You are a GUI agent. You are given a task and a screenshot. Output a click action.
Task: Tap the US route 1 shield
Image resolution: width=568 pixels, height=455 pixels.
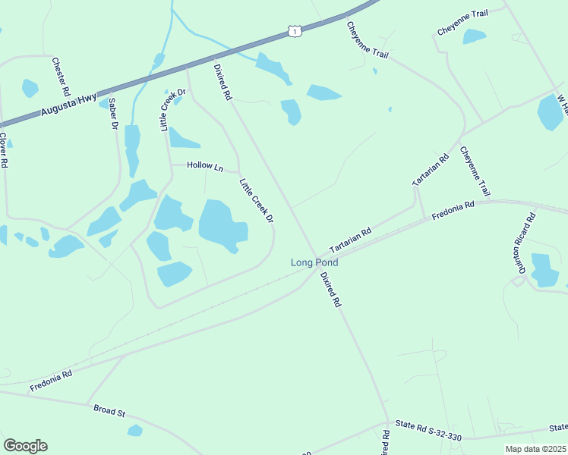coord(295,31)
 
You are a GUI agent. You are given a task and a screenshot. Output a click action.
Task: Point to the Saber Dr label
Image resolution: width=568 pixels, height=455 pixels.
coord(113,113)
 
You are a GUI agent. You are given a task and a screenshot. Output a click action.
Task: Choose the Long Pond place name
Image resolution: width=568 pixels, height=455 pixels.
coord(314,262)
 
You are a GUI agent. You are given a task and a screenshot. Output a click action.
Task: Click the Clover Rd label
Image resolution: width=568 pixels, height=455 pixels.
coord(4,150)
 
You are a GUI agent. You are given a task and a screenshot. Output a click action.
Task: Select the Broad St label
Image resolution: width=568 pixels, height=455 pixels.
coord(109,410)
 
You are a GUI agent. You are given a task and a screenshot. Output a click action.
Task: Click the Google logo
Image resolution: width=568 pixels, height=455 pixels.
coord(25,446)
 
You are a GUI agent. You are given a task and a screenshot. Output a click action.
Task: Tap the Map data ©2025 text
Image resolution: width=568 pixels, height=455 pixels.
coord(535,449)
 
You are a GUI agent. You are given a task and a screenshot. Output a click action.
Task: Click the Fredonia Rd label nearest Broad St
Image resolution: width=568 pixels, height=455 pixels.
coord(51,381)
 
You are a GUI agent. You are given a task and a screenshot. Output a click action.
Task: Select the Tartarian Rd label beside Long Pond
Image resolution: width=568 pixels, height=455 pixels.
coord(350,240)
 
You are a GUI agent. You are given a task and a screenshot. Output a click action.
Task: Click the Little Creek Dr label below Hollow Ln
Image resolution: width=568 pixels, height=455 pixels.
coord(256,200)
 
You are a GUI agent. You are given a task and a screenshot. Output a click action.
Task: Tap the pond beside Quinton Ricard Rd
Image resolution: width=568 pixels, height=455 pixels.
coord(544,270)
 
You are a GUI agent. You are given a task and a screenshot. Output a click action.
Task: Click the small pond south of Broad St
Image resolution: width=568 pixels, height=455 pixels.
coord(134,431)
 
